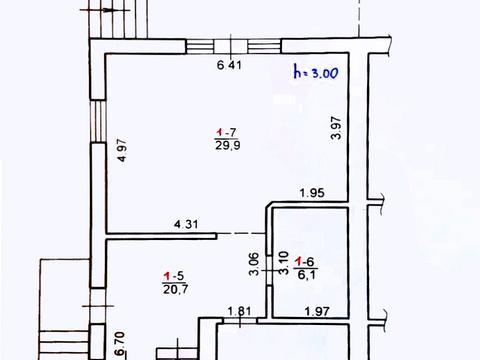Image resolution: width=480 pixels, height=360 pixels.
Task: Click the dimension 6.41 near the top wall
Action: [x=229, y=65]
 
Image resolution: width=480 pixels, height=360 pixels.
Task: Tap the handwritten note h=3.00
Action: [x=316, y=72]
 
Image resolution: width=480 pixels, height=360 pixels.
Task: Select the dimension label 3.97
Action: [x=336, y=127]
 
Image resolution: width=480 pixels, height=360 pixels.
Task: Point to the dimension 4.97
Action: [x=122, y=150]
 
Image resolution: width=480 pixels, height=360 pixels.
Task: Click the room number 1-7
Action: [x=226, y=133]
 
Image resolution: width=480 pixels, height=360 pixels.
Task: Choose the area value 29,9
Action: [x=228, y=145]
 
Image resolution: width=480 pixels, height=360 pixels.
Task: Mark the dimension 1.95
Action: [x=312, y=193]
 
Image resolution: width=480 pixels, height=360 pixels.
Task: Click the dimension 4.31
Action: [x=186, y=224]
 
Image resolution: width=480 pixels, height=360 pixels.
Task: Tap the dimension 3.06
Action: [x=254, y=264]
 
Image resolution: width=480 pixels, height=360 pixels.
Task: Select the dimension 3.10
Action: [x=283, y=263]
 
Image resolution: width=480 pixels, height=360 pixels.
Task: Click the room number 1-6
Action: [x=305, y=262]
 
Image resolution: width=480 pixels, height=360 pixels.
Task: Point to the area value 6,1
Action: [x=306, y=275]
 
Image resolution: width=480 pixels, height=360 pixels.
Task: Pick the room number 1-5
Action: [x=174, y=276]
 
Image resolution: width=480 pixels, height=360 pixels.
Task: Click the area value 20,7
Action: [x=175, y=289]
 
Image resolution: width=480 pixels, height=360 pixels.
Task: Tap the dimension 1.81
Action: [x=239, y=311]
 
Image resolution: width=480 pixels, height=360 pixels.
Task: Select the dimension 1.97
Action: [x=317, y=312]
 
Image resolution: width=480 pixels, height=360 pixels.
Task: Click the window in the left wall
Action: [x=98, y=121]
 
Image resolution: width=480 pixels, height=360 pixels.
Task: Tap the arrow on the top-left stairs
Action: [x=105, y=10]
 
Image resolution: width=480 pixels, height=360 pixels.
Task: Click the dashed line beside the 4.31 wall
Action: [x=241, y=233]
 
